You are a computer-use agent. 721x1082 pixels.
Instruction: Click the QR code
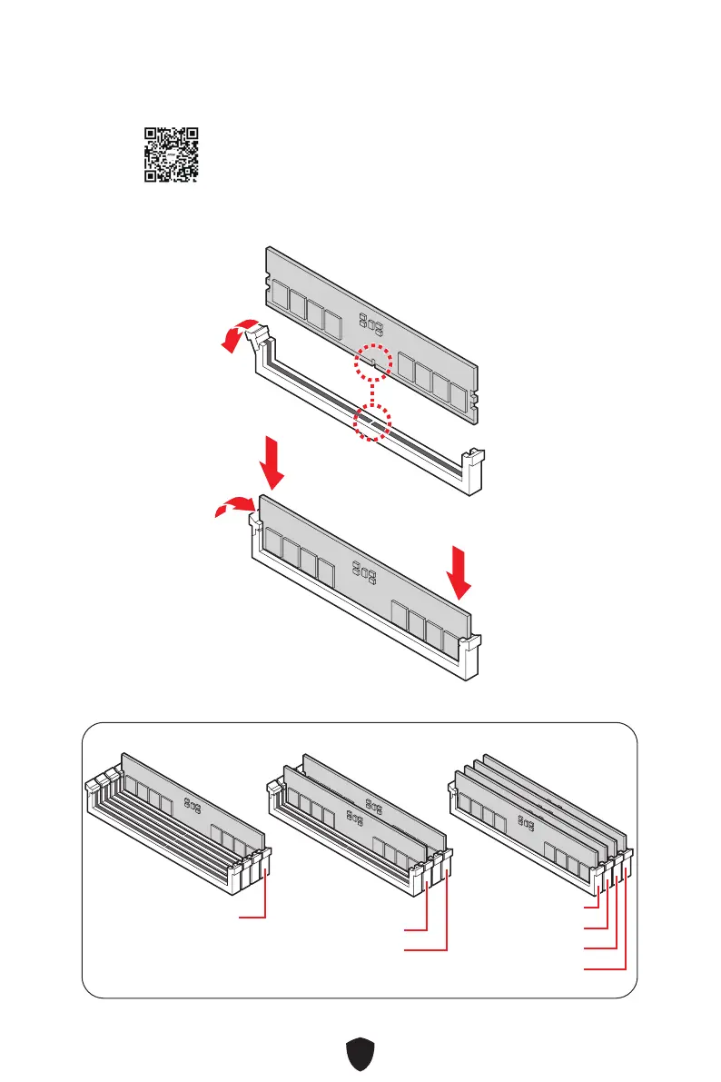coord(172,154)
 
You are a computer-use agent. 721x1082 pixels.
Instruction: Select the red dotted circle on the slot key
coord(372,422)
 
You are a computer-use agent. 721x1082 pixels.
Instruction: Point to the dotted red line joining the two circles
coord(372,392)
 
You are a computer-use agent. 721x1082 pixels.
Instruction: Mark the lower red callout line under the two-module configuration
coord(427,950)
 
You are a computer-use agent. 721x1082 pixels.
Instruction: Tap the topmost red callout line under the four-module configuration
coord(591,907)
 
